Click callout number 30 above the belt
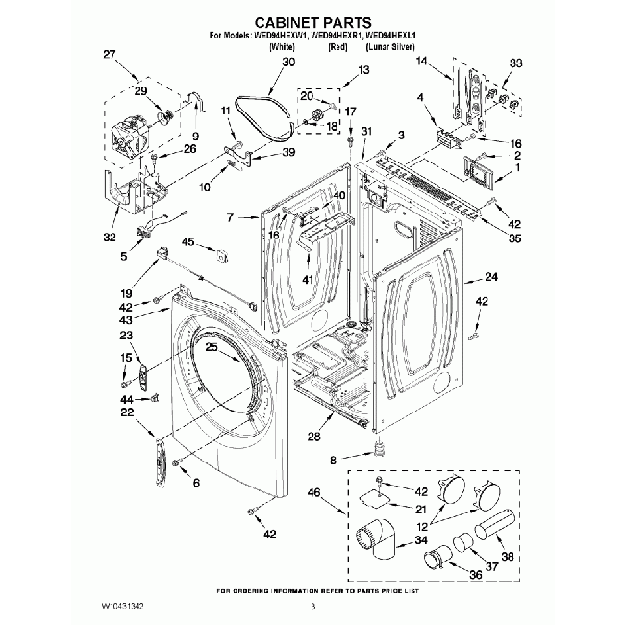[x=288, y=62]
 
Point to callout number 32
[x=109, y=237]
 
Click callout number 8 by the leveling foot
[x=334, y=461]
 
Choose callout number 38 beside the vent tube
[x=508, y=555]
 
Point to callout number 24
[x=491, y=278]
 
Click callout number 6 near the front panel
[x=195, y=482]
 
